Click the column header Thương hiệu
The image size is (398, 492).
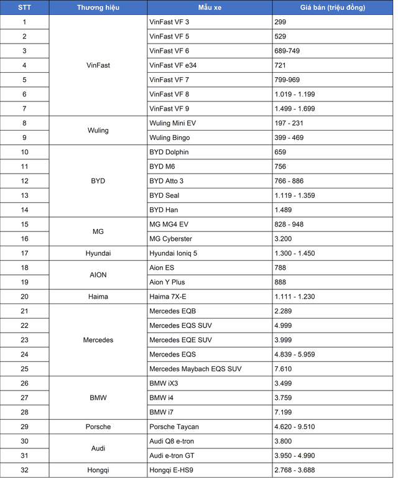pos(98,7)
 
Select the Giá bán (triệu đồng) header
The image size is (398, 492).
pos(334,7)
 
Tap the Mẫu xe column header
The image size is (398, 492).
pos(210,7)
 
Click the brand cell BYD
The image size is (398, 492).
pos(98,181)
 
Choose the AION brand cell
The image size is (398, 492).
pos(98,275)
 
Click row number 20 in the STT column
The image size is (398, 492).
pos(24,297)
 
